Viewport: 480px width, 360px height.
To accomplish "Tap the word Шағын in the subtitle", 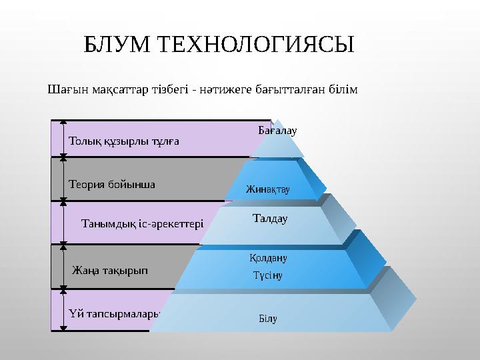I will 64,89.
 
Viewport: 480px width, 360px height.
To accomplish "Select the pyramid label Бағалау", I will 277,131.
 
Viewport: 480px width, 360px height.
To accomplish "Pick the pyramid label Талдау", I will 270,218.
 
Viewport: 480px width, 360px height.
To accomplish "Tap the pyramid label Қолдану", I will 268,258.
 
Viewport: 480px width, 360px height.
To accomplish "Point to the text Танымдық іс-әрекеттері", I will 141,223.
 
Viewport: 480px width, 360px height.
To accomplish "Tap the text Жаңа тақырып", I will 110,271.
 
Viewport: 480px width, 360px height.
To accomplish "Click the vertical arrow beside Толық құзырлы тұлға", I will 63,139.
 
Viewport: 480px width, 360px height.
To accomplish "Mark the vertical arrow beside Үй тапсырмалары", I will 63,310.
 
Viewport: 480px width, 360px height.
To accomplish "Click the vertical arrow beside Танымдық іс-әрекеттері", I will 63,223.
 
